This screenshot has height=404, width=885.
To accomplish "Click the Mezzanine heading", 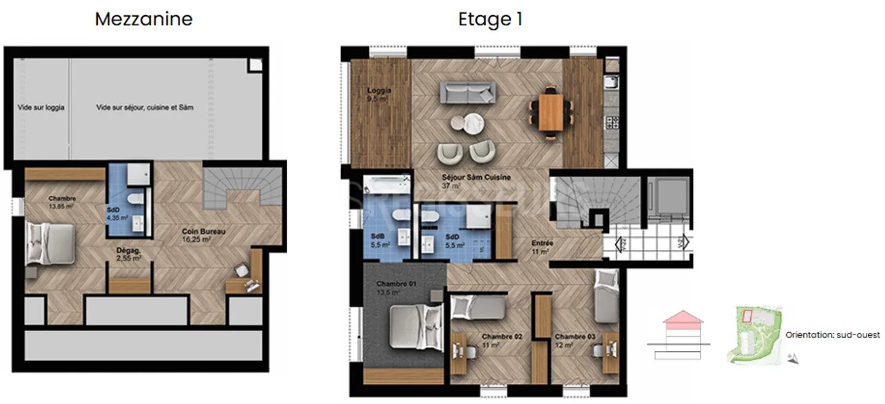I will coord(143,19).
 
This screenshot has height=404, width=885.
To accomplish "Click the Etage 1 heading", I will coord(490,20).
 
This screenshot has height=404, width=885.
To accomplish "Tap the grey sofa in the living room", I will coord(468,94).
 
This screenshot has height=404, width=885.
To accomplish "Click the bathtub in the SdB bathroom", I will coord(387,185).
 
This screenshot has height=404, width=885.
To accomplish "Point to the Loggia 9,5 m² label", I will coord(378,94).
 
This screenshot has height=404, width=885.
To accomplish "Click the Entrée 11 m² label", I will coord(542,247).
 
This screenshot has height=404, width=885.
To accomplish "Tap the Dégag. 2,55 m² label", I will coord(129,254).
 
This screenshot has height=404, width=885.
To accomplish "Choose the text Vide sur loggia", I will coord(41,107).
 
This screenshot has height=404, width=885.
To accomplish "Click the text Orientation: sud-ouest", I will coord(832,335).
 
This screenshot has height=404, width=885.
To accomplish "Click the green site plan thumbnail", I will coord(753,335).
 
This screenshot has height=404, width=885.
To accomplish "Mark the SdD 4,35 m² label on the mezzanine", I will coord(117,213).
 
